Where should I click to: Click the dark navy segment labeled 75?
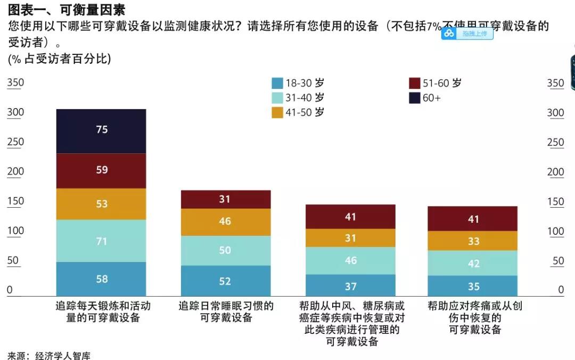(x=101, y=131)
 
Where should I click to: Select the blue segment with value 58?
(x=101, y=279)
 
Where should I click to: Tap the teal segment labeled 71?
(x=101, y=241)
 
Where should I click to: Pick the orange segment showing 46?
(x=226, y=222)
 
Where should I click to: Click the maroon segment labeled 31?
(x=226, y=199)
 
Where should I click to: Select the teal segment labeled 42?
(x=472, y=263)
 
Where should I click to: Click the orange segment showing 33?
(x=472, y=241)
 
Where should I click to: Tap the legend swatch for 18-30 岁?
(x=277, y=84)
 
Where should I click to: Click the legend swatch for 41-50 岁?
(x=277, y=113)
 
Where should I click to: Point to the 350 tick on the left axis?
(x=15, y=83)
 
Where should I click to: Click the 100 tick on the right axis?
(x=555, y=232)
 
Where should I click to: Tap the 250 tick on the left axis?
(x=15, y=142)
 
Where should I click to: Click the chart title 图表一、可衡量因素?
(x=67, y=9)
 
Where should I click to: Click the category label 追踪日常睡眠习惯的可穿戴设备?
(x=226, y=312)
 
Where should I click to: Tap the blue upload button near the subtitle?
(x=467, y=34)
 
